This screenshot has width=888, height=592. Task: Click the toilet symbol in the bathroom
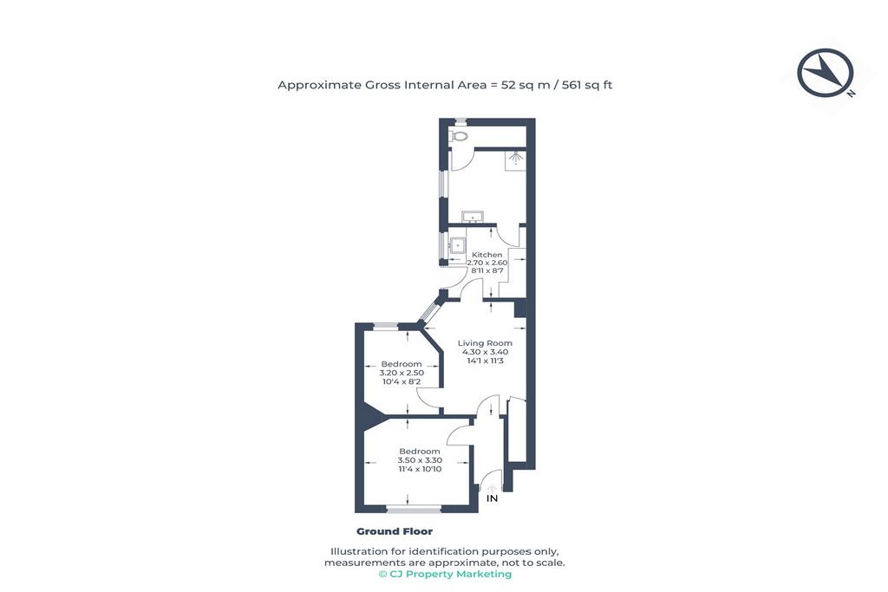point(458,136)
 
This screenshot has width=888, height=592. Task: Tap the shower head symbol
point(515,159)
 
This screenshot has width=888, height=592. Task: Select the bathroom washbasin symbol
point(472,217)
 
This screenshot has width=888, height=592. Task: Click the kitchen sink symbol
point(457,246)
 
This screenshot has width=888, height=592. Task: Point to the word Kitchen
point(487,255)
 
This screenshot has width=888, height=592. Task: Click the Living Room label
point(485,343)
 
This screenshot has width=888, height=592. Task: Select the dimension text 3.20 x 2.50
point(402,373)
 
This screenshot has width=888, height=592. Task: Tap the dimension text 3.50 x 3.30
point(420,460)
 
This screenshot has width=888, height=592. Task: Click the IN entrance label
point(493,498)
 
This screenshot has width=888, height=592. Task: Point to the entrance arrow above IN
point(493,488)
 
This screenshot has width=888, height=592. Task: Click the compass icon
point(826,73)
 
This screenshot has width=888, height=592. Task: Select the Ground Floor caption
point(395,531)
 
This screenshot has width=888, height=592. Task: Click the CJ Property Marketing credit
point(445,574)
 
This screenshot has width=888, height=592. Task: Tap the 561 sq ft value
point(587,85)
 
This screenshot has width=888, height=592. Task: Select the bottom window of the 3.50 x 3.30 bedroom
point(414,510)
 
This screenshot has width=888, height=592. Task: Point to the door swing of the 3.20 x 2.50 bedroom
point(428,398)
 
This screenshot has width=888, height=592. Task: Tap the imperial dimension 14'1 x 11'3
point(485,361)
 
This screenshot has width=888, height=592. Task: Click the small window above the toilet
point(461,121)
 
